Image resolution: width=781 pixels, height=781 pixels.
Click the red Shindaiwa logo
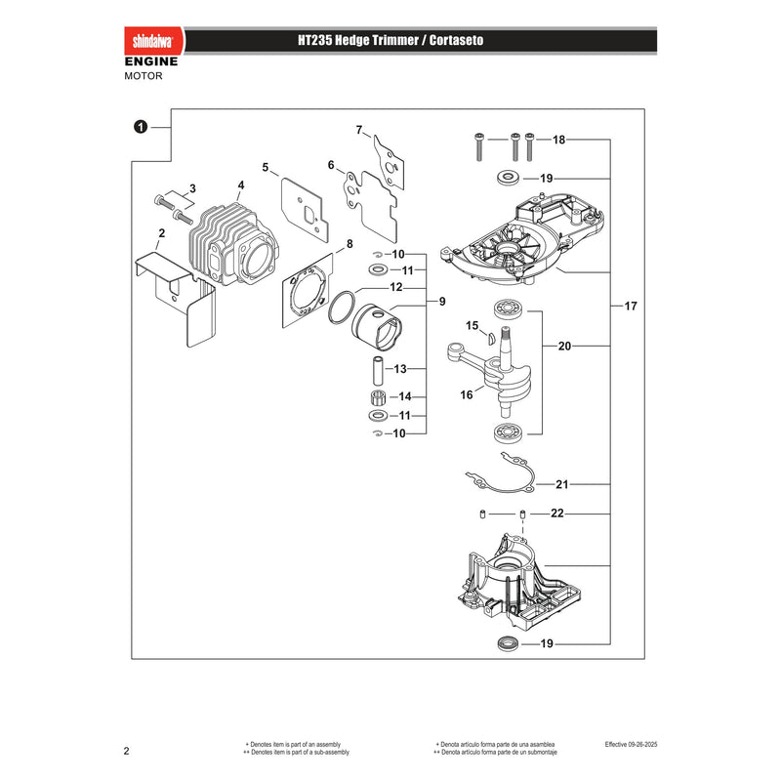coord(154,41)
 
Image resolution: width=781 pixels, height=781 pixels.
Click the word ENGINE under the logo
coord(151,62)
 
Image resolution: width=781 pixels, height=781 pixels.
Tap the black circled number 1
coord(141,127)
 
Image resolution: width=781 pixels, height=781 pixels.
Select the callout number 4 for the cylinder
coord(241,185)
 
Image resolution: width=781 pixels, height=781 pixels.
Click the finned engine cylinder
coord(232,245)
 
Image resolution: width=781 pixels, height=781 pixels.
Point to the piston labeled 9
coord(377,327)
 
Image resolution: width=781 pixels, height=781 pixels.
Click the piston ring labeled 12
coord(342,308)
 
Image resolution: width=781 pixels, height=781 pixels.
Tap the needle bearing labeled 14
coord(380,398)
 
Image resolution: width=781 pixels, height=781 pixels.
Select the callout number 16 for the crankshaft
coord(467,395)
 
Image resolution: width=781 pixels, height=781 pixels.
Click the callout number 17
coord(631,306)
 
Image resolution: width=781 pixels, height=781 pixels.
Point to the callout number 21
coord(562,484)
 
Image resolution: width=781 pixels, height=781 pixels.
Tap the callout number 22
coord(557,514)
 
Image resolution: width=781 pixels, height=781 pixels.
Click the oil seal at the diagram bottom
coord(509,643)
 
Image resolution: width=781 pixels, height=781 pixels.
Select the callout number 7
coord(359,130)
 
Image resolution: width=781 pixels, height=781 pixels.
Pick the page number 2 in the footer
coord(127,751)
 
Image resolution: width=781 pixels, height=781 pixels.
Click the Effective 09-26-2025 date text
coord(631,745)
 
